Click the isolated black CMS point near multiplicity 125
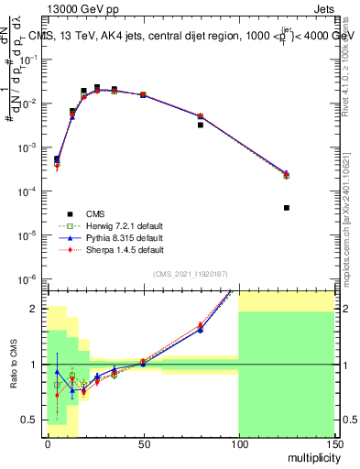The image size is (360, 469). coord(286,208)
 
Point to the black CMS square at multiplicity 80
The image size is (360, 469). coord(201,125)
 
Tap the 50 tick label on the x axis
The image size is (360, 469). coord(142,442)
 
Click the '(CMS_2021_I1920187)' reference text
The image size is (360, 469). coord(190,273)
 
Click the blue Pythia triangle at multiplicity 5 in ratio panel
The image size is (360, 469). coord(57,372)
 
